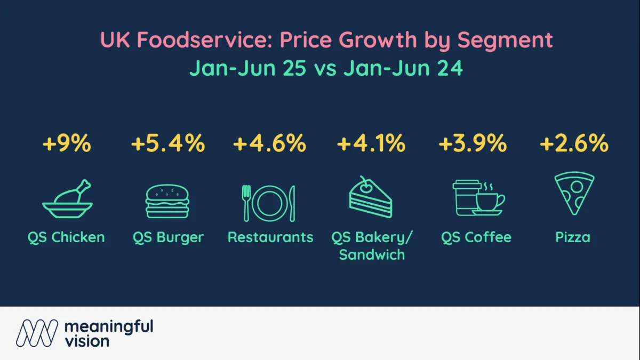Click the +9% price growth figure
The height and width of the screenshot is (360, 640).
point(66,144)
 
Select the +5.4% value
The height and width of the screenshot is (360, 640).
point(168,144)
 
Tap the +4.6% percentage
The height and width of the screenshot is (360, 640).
point(269,144)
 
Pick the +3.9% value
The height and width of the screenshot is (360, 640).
point(472,144)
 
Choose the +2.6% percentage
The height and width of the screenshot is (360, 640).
point(573,144)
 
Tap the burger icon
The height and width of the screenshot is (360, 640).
point(167,202)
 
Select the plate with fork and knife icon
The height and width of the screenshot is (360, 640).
point(269,203)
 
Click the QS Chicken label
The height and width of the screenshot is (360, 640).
point(66,237)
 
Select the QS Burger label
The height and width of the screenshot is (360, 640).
point(168,237)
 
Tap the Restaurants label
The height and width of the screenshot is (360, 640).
point(270,237)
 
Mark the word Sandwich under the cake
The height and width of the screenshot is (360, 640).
point(372,254)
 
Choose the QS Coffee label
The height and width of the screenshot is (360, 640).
point(476,237)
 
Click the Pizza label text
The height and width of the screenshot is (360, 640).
point(573,237)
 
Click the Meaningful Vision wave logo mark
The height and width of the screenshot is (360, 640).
point(36,333)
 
